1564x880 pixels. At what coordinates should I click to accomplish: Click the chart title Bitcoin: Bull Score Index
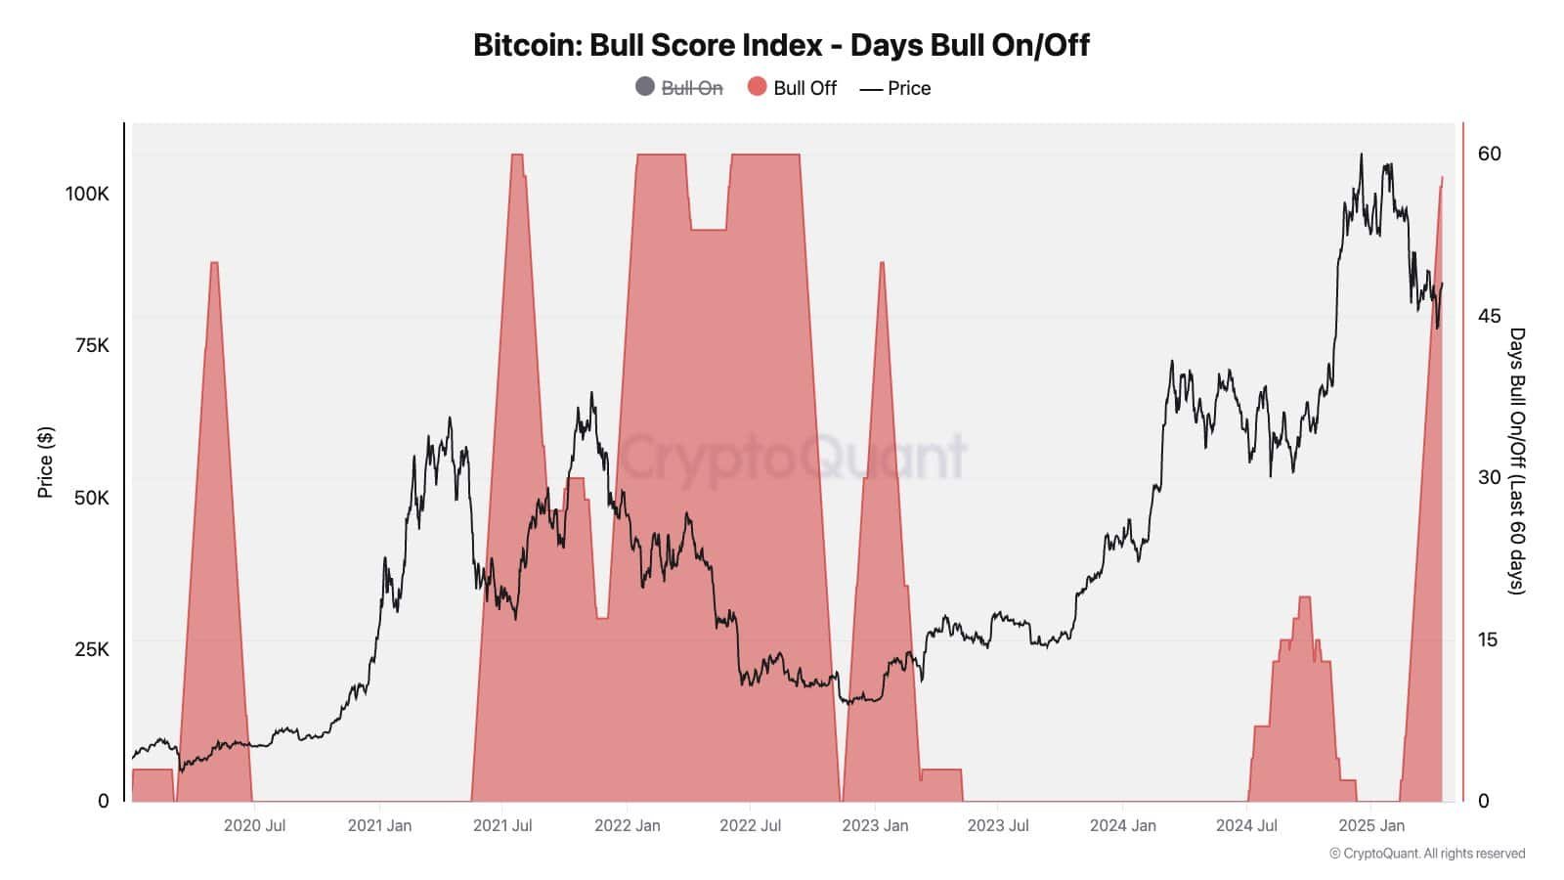(x=781, y=45)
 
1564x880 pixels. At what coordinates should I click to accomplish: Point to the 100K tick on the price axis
(x=87, y=194)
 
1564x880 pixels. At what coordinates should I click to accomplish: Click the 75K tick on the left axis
(x=92, y=345)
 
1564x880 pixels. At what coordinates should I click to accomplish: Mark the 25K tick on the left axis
(x=92, y=649)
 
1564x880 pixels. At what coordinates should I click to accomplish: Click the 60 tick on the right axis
(x=1489, y=154)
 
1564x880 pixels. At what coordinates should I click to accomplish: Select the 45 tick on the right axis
(x=1489, y=316)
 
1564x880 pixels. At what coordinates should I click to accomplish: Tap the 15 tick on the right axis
(x=1488, y=639)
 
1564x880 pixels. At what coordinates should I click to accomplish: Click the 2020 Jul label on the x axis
(x=254, y=825)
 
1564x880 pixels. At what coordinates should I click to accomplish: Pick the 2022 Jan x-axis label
(x=627, y=825)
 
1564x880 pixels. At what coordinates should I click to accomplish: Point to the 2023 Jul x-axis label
(x=998, y=825)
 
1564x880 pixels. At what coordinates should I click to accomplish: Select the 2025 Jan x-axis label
(x=1370, y=825)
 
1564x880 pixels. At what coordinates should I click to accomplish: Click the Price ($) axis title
(x=45, y=462)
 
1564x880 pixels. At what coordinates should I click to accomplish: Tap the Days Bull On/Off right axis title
(x=1516, y=461)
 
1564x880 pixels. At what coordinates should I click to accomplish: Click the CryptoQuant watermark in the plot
(x=794, y=457)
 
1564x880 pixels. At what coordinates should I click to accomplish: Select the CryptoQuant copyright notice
(x=1427, y=854)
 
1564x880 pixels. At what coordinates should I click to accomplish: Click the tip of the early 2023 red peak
(x=882, y=263)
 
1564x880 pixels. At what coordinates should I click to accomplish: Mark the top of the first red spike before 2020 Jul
(x=214, y=263)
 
